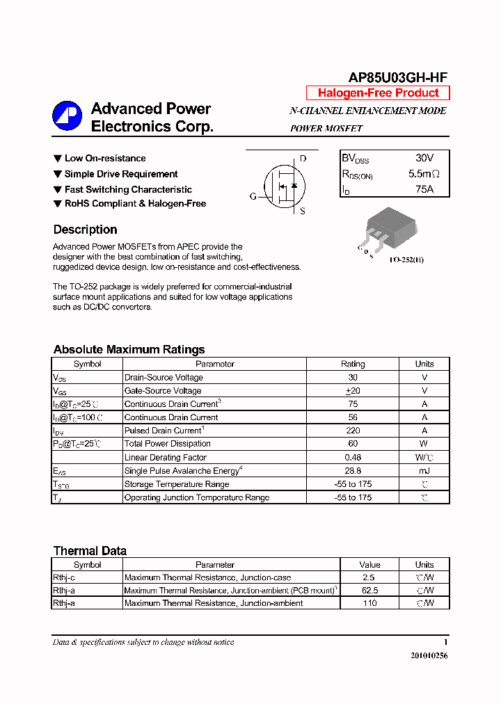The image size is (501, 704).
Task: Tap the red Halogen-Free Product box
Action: coord(378,93)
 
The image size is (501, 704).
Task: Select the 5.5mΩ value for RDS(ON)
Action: coord(423,173)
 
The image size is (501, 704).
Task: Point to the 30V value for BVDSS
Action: coord(424,158)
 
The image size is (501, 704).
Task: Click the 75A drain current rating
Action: coord(424,189)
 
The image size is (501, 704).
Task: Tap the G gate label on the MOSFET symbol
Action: coord(253,197)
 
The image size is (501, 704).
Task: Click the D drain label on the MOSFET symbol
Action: coord(303,159)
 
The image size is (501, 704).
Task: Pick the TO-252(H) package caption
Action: coord(406,259)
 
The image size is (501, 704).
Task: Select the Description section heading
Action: coord(85,230)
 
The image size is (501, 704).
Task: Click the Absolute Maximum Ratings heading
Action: coord(129,349)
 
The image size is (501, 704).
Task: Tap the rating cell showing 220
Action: coord(352,431)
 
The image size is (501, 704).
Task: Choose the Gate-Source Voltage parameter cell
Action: coord(163,391)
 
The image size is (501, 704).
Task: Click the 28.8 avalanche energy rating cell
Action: coord(352,471)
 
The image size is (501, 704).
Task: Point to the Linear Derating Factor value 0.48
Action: coord(352,457)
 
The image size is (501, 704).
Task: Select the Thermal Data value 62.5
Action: coord(369,591)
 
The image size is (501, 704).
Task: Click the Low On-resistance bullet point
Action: coord(104,159)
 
